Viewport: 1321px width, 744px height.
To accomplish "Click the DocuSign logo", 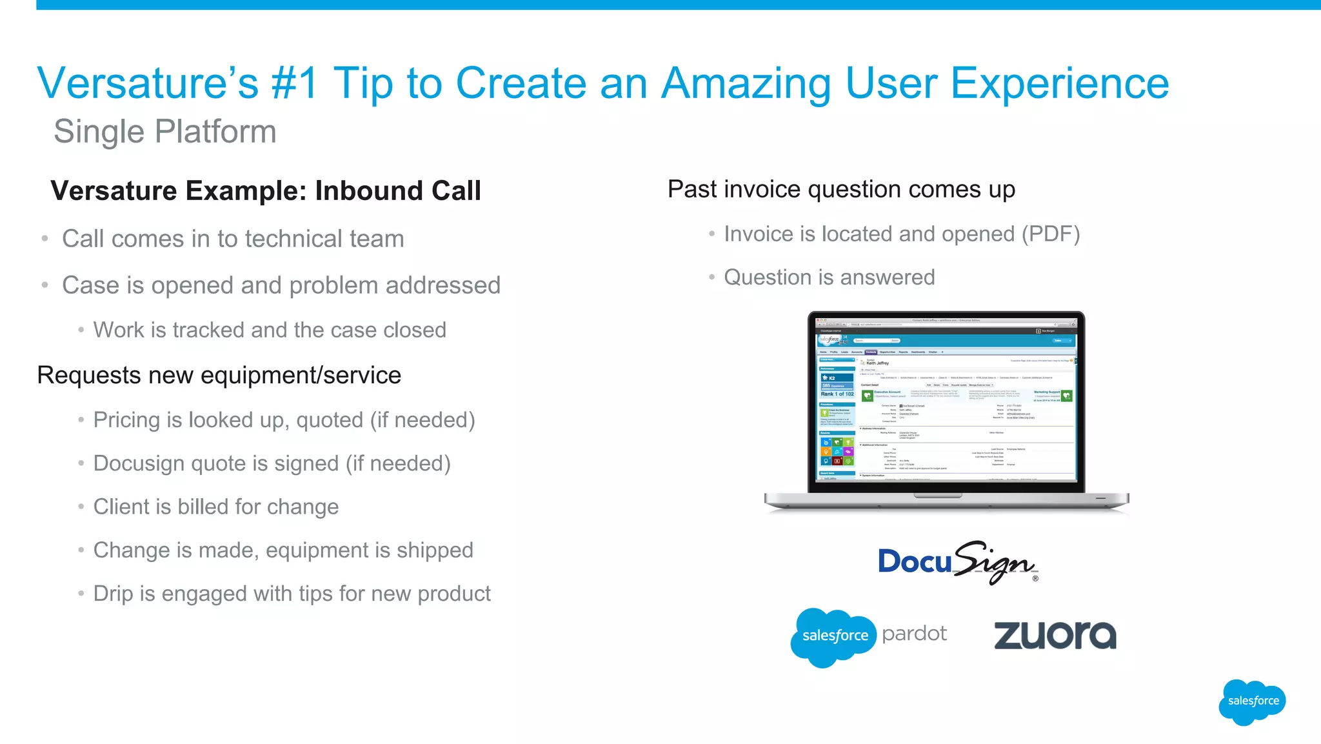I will point(957,562).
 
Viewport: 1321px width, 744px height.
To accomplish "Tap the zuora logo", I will point(1055,635).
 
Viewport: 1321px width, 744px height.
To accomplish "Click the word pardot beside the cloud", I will point(914,634).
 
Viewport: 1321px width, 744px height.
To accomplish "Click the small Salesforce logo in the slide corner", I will point(1252,701).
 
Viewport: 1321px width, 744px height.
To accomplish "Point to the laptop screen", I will point(946,400).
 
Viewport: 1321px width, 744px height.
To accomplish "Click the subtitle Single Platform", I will point(165,132).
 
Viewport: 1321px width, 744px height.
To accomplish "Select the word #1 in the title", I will point(295,83).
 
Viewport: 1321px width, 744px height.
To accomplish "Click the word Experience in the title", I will point(1059,83).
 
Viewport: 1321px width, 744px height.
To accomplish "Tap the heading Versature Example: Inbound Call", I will point(266,191).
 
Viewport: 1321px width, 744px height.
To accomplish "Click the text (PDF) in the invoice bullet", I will point(1050,234).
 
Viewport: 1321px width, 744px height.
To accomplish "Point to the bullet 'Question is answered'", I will point(829,277).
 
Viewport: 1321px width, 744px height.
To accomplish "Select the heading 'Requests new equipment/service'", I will point(219,376).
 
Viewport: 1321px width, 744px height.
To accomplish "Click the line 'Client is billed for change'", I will point(216,507).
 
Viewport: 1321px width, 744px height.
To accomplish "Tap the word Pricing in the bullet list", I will point(127,420).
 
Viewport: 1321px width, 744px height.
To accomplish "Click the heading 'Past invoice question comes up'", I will point(841,190).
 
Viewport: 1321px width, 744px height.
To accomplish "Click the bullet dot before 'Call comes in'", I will point(45,239).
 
